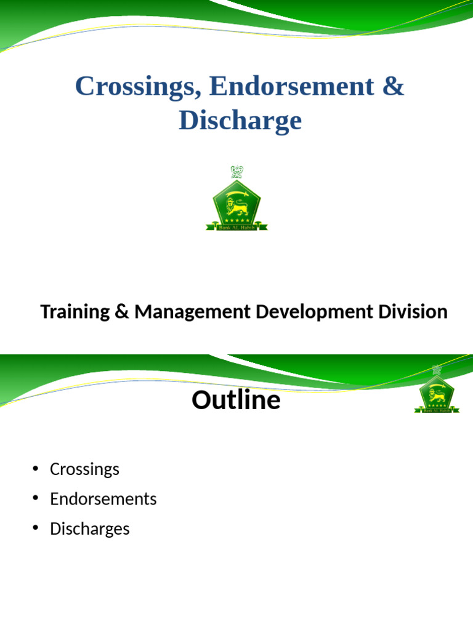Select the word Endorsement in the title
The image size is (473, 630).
[291, 87]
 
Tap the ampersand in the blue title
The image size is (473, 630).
[393, 87]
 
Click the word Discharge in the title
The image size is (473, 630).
[240, 121]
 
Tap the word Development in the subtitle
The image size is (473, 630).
[313, 312]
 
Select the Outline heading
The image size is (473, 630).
[236, 401]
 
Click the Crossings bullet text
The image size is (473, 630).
[84, 469]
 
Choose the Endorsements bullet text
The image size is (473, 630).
[103, 499]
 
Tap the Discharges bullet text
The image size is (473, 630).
[90, 528]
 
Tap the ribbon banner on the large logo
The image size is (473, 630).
[236, 227]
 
